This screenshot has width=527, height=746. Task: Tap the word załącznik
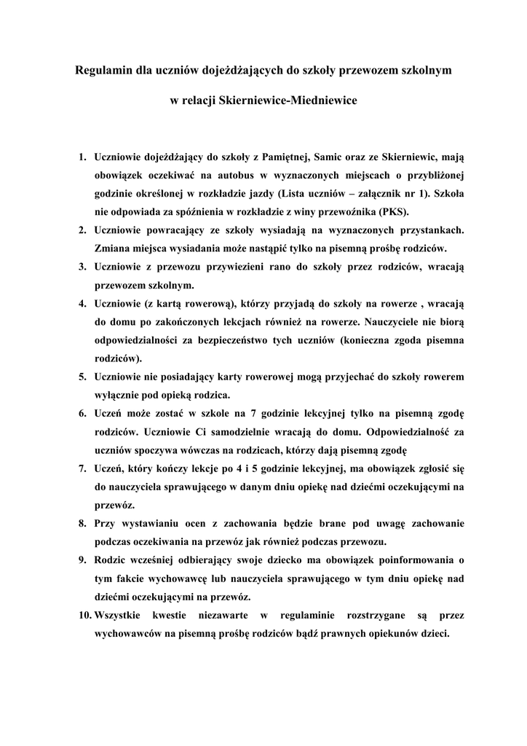[369, 194]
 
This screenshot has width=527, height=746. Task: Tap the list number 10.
[84, 616]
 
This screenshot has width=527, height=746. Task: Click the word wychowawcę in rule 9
[182, 579]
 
